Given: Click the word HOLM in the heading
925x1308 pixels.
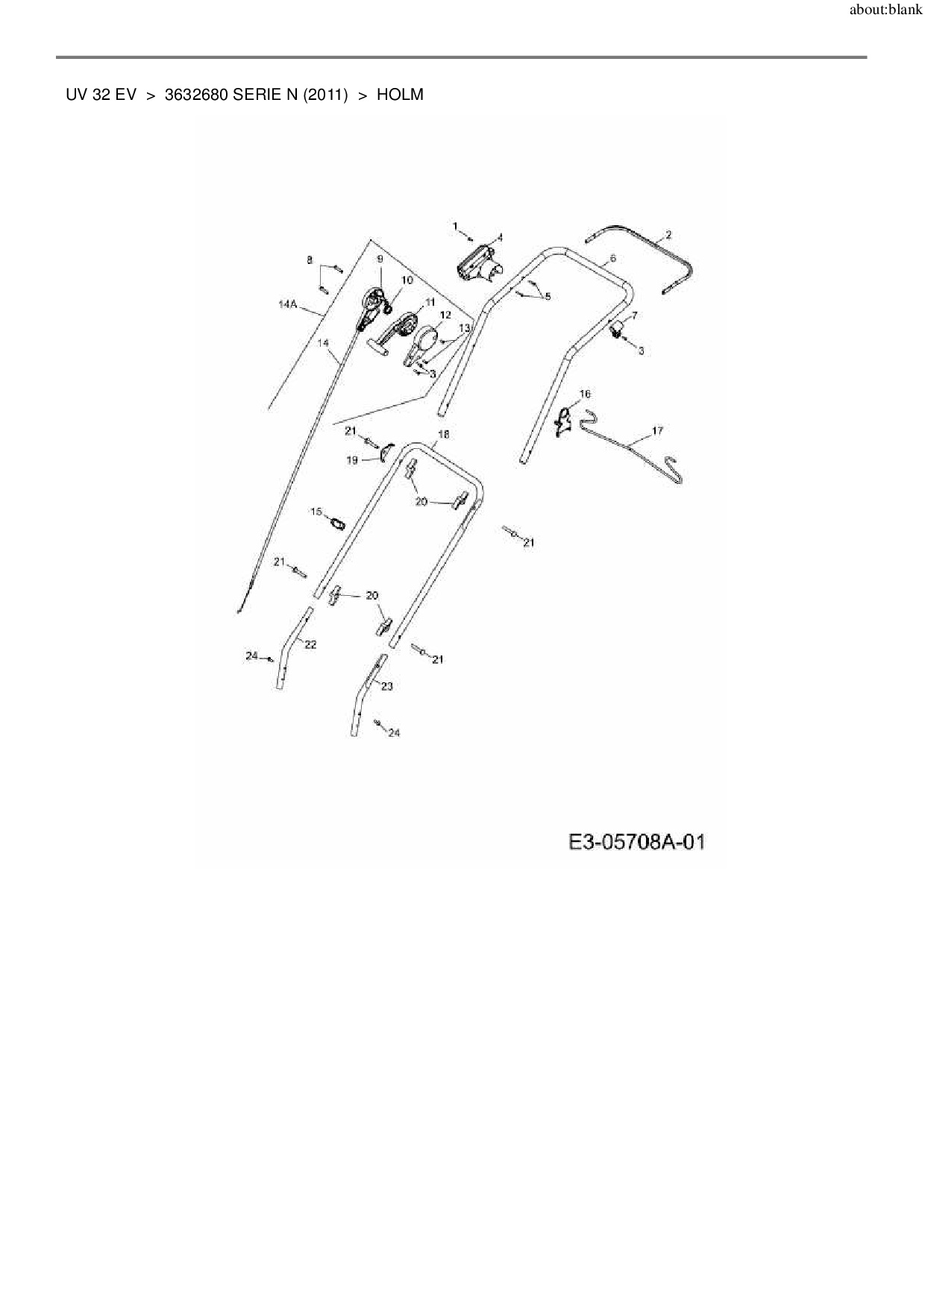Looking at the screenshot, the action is point(400,95).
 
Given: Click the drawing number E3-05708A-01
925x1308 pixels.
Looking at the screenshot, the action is point(636,843).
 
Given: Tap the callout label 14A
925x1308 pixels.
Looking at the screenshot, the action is point(287,304).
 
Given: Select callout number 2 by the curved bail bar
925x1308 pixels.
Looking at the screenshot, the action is point(668,235).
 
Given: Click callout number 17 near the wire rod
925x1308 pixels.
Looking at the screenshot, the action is point(657,431).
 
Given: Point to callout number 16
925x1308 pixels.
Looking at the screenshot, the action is point(584,394).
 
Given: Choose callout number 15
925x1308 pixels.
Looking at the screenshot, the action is point(316,512).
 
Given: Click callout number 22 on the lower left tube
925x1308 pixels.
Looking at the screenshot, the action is point(310,644).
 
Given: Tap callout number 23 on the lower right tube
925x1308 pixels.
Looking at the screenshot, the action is point(387,686).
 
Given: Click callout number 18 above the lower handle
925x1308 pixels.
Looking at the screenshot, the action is point(444,434).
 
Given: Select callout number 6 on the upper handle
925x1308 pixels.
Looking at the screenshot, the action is point(612,258).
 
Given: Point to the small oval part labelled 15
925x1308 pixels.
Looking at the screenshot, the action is point(336,523).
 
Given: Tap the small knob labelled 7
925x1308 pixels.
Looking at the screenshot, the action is point(617,330).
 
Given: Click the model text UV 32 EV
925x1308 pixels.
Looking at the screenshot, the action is point(101,95).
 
